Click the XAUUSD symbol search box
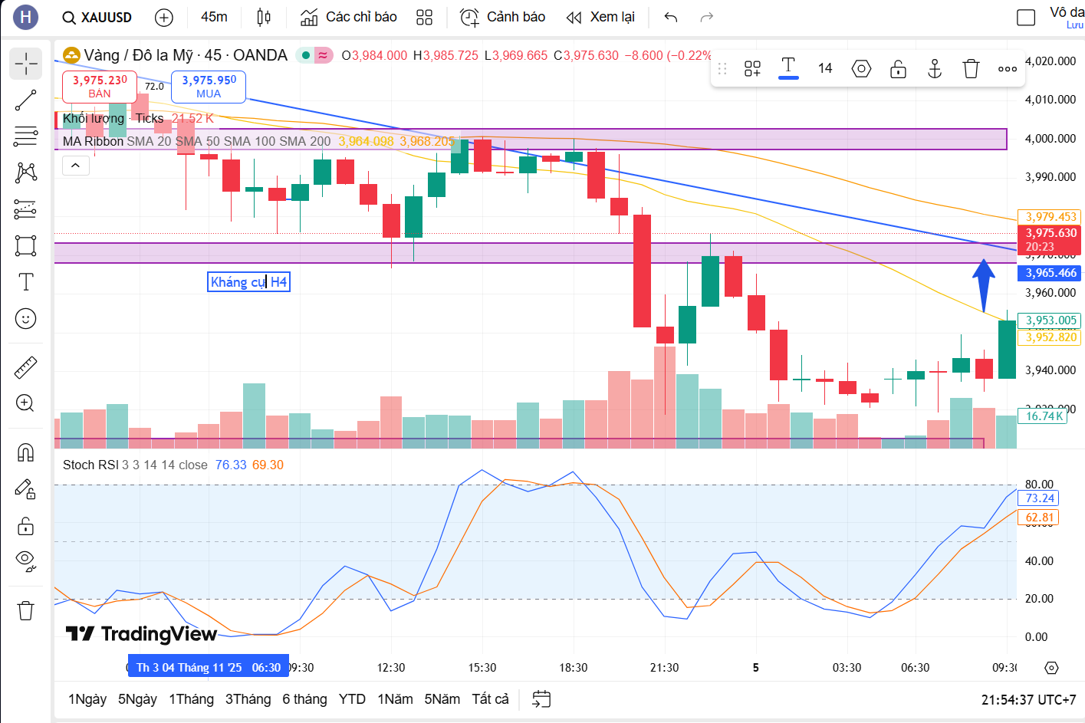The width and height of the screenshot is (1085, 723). point(97,17)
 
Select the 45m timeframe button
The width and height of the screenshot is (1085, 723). point(214,17)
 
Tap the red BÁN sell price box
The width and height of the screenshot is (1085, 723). point(100,87)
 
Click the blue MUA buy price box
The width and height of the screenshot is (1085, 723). point(209,87)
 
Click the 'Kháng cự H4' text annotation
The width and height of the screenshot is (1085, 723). point(248,282)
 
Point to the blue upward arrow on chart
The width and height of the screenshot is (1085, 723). point(984,284)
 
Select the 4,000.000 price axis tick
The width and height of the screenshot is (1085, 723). point(1050,139)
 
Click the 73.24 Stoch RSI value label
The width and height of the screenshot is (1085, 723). point(1040,498)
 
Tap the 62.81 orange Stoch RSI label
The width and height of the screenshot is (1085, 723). point(1040,518)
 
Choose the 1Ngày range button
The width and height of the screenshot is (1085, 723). point(87,699)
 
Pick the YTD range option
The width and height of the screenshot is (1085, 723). point(352,699)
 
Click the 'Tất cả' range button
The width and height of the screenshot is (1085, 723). point(490,699)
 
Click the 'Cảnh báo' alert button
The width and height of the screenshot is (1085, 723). point(503,17)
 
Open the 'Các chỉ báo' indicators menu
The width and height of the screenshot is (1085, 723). point(349,17)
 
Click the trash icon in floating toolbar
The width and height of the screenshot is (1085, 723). point(971,69)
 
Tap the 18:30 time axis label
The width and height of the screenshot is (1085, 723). point(573,668)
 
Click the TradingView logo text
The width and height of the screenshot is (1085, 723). point(142,634)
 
